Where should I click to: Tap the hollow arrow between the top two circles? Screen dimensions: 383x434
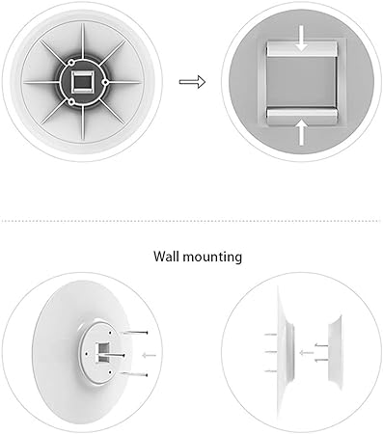(x=192, y=82)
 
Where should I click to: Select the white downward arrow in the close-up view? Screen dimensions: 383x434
(x=301, y=39)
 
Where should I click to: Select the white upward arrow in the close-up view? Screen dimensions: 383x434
(x=301, y=132)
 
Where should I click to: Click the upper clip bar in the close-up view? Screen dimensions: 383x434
(x=302, y=48)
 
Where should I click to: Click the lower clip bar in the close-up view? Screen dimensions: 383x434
(x=302, y=116)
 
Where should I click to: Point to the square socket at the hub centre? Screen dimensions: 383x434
(x=83, y=82)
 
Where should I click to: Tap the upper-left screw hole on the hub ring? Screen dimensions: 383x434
(x=71, y=61)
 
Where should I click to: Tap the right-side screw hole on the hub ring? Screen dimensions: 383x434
(x=105, y=82)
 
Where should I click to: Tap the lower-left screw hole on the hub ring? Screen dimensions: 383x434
(x=71, y=102)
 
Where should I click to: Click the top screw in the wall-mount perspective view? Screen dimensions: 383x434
(x=135, y=333)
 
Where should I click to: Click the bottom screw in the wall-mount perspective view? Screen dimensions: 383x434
(x=134, y=374)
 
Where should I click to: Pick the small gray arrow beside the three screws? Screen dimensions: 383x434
(x=149, y=355)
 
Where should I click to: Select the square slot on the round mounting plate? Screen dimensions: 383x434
(x=102, y=352)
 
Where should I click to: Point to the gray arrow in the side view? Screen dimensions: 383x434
(x=306, y=353)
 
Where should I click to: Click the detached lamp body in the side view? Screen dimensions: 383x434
(x=335, y=353)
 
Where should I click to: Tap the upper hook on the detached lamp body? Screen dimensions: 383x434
(x=321, y=345)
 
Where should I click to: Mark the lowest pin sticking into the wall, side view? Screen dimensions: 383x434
(x=270, y=371)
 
